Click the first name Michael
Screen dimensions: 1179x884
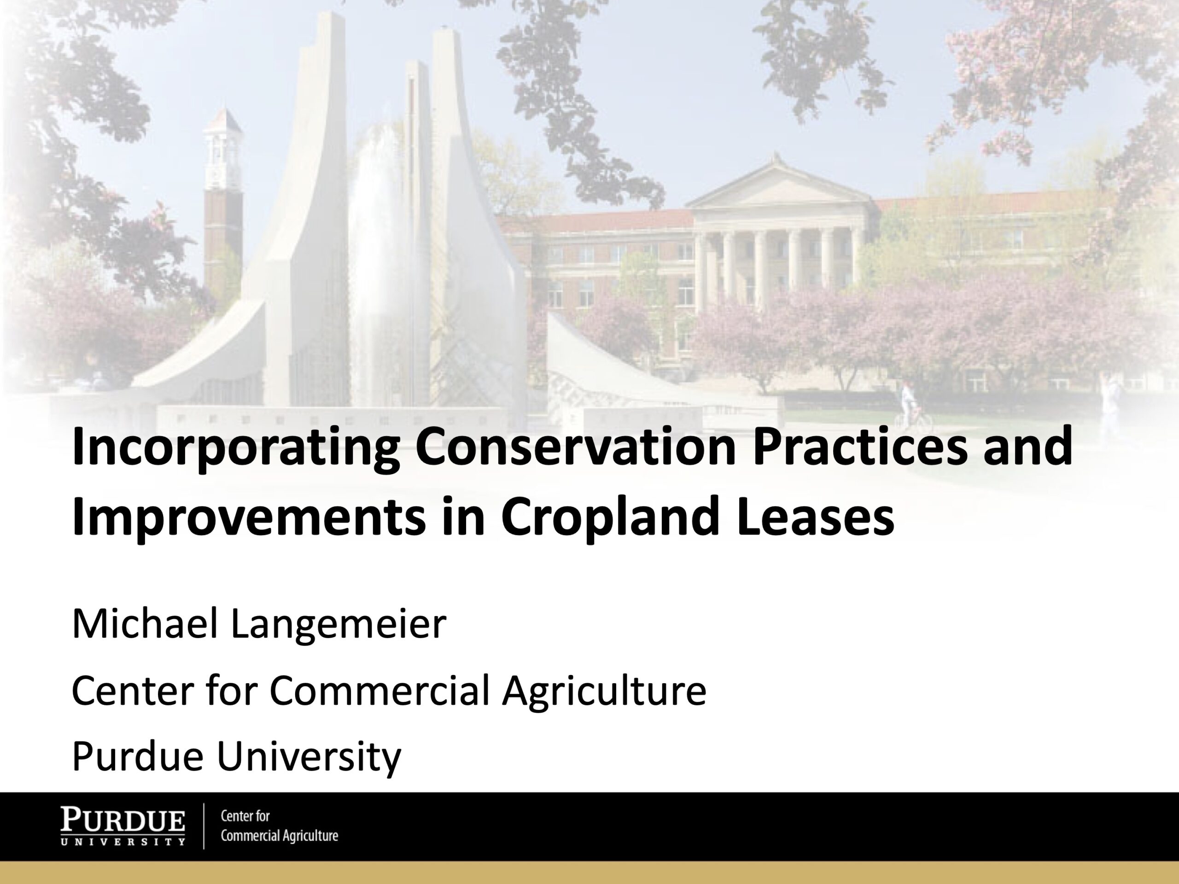[x=146, y=623]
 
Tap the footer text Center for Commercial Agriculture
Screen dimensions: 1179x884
[x=279, y=826]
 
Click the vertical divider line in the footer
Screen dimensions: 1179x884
[x=204, y=826]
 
